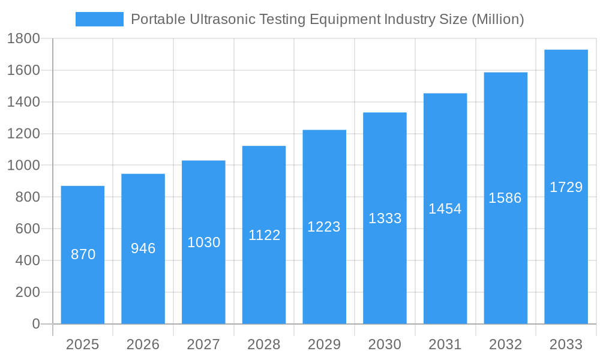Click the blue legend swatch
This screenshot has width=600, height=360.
(99, 19)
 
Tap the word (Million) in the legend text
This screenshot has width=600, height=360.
(497, 19)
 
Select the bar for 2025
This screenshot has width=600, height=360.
(83, 255)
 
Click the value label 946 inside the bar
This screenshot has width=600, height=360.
(143, 248)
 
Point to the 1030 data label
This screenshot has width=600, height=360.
(204, 242)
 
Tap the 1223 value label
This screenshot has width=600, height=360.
(324, 227)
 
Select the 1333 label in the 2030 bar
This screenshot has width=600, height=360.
(385, 218)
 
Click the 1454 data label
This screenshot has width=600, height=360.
(445, 209)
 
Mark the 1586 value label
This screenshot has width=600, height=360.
(505, 198)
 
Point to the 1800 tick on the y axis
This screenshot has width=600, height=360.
(23, 39)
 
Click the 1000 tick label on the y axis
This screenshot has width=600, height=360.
(23, 166)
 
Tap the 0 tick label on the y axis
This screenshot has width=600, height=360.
(35, 324)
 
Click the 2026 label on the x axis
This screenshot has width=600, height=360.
(143, 344)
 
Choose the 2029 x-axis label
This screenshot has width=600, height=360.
(324, 344)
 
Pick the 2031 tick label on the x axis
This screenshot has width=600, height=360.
(445, 344)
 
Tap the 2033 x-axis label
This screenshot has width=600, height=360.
(566, 344)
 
